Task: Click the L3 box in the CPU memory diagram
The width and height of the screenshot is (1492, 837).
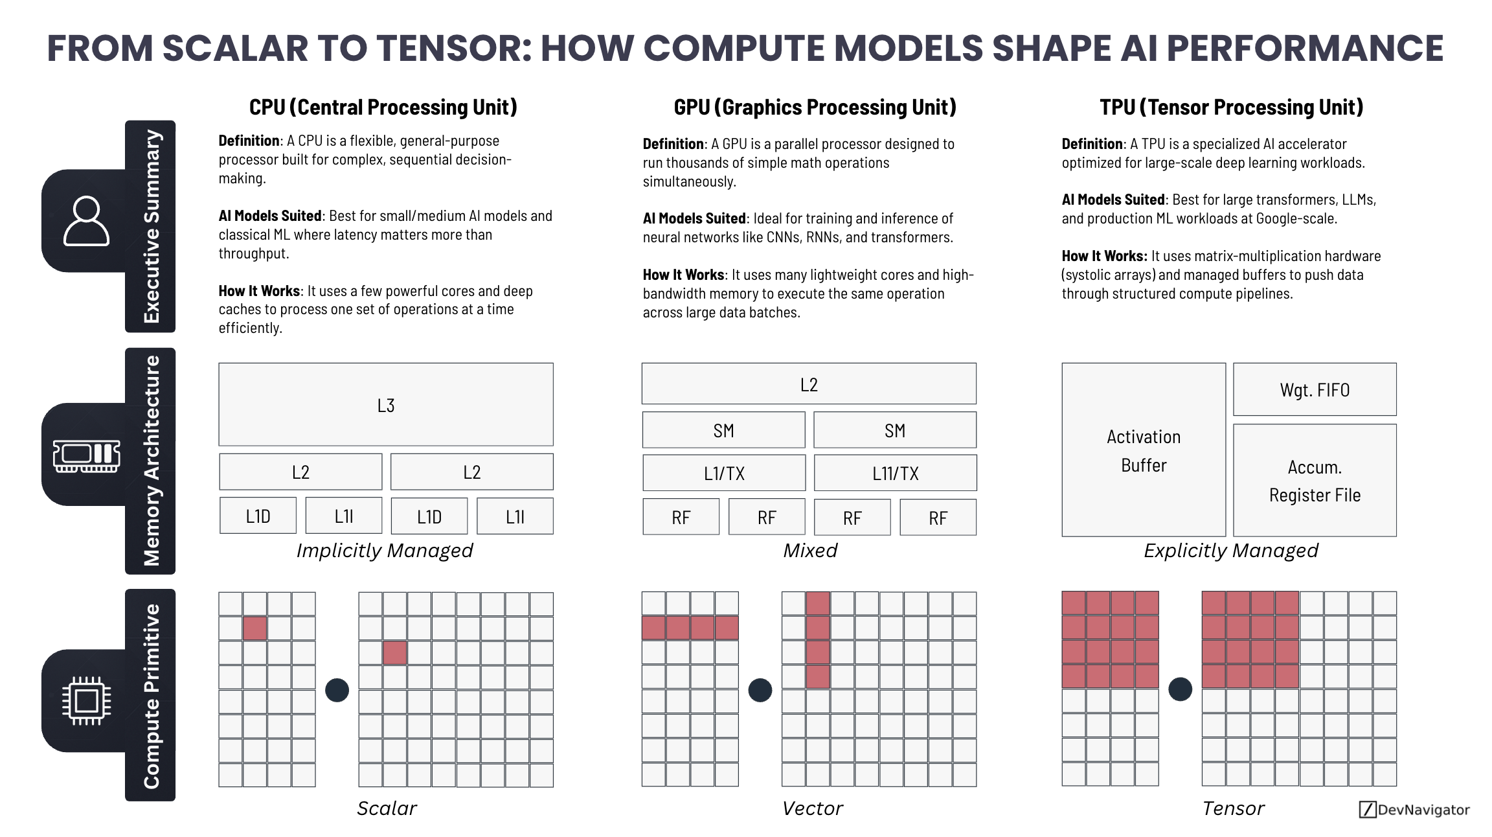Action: click(386, 405)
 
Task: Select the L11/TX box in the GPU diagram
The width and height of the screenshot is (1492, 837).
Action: click(895, 473)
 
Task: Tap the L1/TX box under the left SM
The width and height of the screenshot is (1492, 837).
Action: click(724, 473)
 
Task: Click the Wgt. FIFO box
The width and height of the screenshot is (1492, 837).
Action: click(1315, 389)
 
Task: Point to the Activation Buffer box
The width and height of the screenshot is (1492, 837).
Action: click(1144, 450)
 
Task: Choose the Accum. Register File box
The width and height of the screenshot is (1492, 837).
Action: click(1315, 481)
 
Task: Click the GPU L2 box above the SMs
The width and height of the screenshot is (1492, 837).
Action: click(809, 384)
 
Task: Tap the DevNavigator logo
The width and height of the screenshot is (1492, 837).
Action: click(1414, 809)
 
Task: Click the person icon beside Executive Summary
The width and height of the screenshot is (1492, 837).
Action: click(86, 221)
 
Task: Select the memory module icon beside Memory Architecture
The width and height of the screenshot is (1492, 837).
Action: click(86, 456)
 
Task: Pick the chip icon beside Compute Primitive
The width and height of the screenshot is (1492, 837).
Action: click(86, 700)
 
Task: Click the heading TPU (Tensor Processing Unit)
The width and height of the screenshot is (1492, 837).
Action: click(1231, 107)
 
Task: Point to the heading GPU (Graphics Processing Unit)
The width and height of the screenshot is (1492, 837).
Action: click(815, 107)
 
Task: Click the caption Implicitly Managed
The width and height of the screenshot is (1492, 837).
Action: click(385, 551)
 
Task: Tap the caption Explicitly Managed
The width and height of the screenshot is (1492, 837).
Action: click(1230, 551)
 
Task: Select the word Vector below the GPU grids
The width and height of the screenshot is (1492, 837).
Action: click(812, 808)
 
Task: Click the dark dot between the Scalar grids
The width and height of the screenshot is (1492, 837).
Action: click(337, 690)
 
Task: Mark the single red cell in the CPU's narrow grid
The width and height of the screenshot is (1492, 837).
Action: click(254, 628)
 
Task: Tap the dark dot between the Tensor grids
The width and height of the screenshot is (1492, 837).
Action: click(1180, 689)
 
